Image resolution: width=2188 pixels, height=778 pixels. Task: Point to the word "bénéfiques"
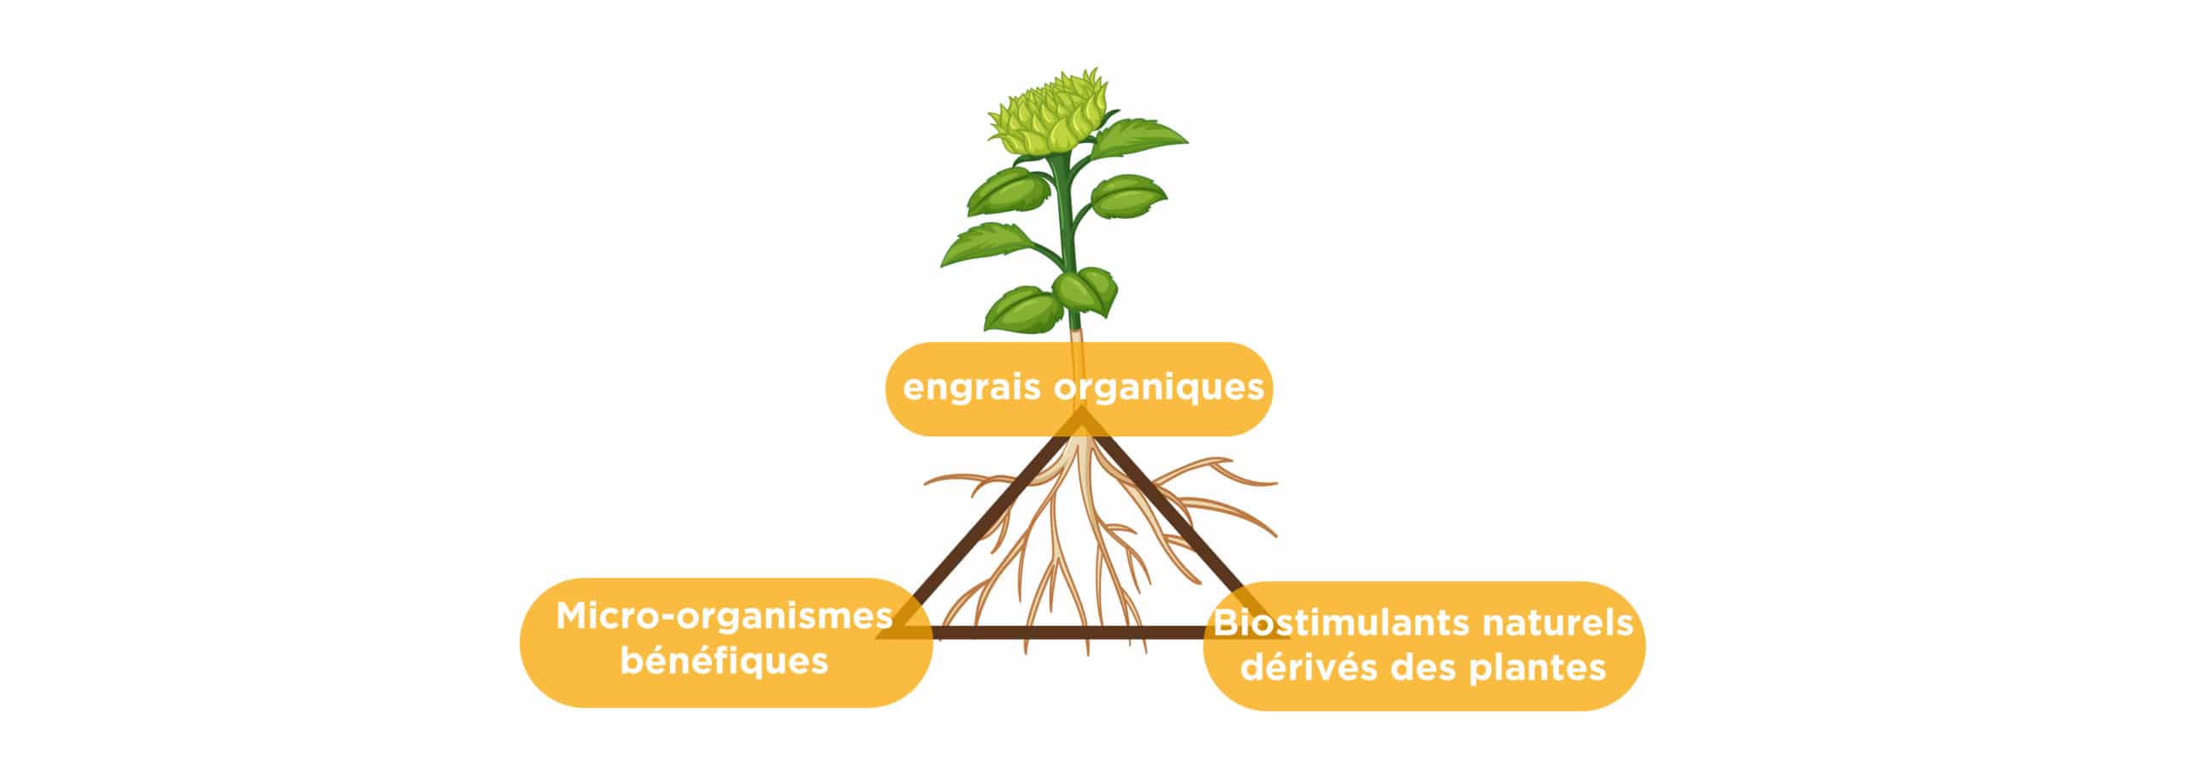[724, 661]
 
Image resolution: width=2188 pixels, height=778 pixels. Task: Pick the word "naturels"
[1557, 622]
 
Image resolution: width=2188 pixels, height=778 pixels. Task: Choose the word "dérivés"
[1309, 667]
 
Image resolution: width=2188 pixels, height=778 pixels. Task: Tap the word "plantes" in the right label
[1537, 669]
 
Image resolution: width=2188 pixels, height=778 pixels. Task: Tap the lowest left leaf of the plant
[1021, 309]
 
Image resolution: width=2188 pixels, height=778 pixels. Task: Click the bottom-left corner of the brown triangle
[880, 637]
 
